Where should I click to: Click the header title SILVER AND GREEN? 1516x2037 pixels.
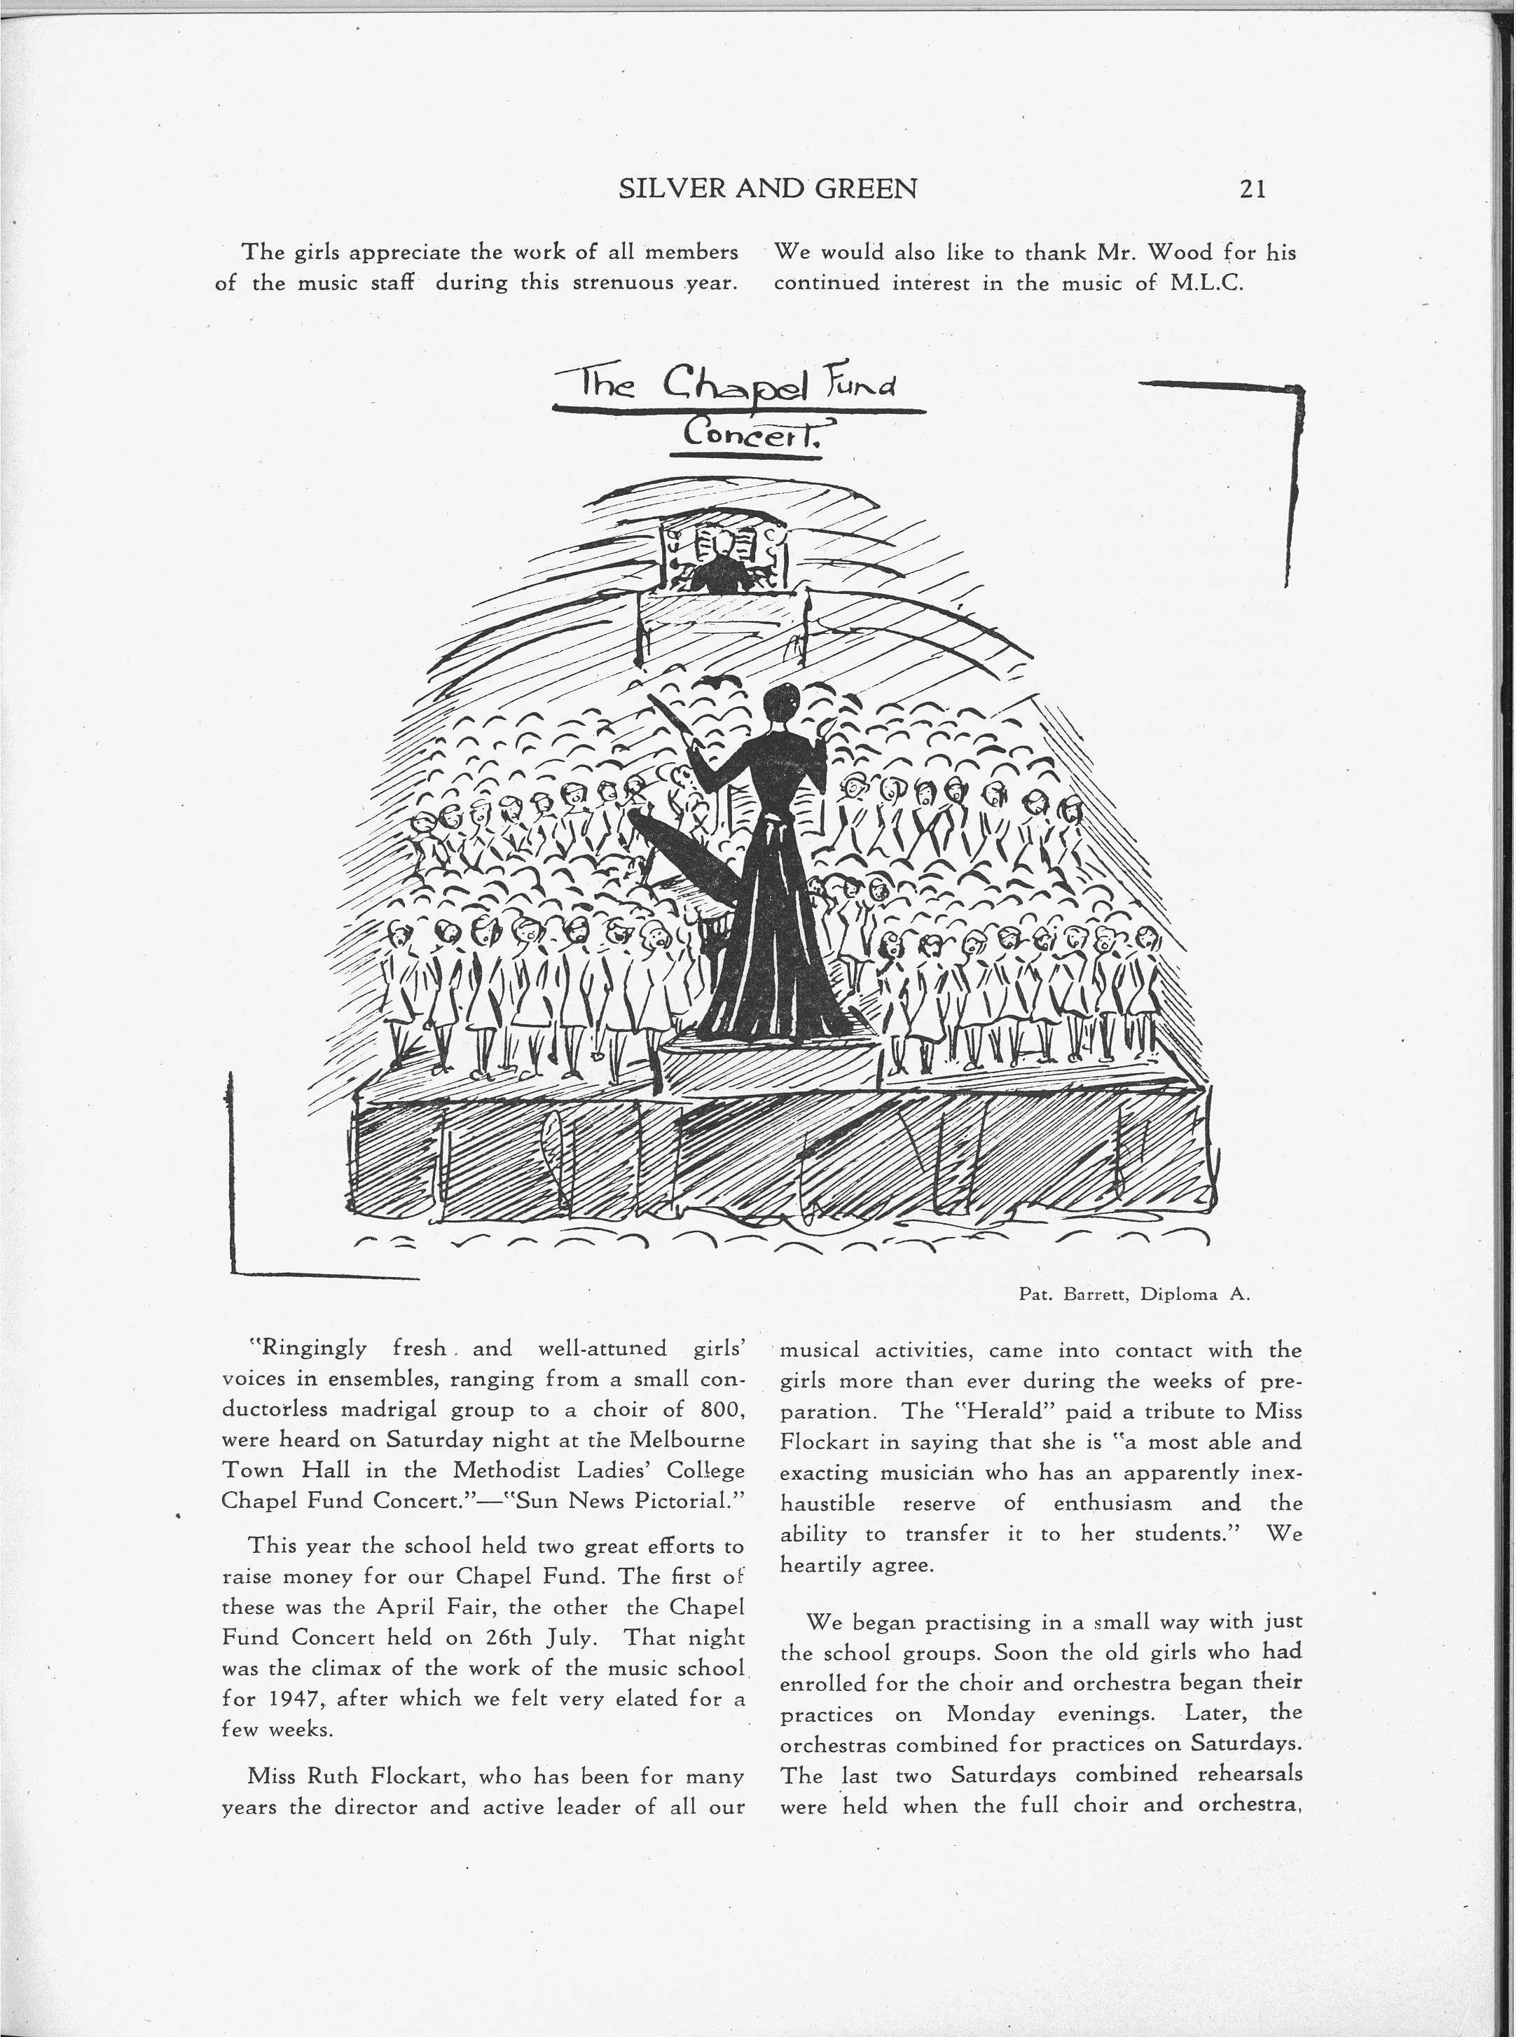768,189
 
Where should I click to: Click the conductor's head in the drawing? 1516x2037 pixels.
782,702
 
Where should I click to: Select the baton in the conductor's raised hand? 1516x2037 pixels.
675,725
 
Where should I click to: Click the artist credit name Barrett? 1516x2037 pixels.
1094,1294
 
